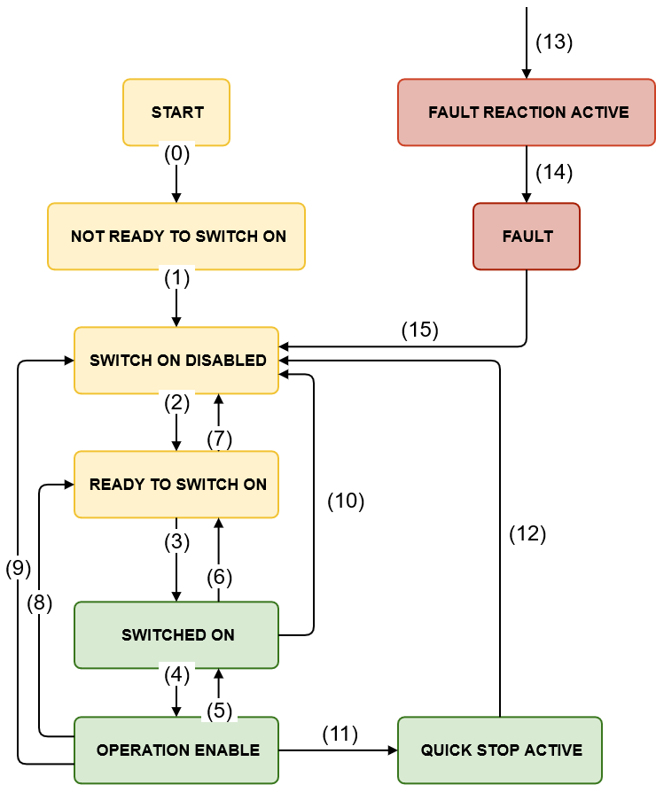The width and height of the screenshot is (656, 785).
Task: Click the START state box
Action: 176,113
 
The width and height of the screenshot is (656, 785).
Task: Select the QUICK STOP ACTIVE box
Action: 500,750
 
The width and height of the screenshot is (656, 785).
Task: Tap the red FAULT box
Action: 527,237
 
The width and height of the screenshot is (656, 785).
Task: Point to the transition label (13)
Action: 554,42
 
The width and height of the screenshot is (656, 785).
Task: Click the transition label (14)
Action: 554,173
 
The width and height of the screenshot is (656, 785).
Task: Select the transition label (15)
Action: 420,330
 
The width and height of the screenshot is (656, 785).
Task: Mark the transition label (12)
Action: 527,534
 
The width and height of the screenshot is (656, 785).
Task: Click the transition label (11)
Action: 339,734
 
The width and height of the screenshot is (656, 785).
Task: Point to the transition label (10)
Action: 346,501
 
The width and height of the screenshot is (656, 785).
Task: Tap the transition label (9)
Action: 18,569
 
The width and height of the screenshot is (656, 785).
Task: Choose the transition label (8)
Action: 39,603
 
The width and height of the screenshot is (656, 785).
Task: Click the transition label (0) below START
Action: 177,153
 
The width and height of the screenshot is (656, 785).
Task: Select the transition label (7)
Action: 219,439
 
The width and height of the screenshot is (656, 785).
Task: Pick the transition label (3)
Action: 177,543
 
